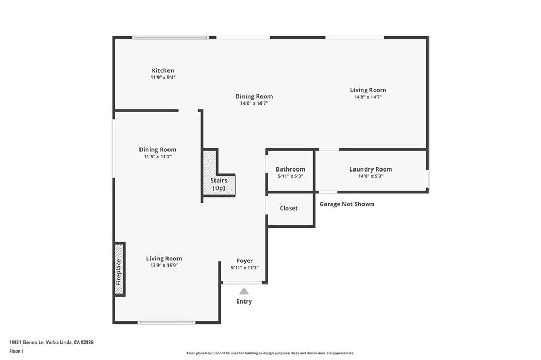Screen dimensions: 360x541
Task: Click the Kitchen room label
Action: pyautogui.click(x=163, y=71)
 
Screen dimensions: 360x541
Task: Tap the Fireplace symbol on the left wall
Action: pyautogui.click(x=119, y=269)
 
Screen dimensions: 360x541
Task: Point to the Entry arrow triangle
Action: pyautogui.click(x=244, y=291)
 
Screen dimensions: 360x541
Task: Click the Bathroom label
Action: pyautogui.click(x=290, y=169)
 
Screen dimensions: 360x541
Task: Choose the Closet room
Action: pyautogui.click(x=289, y=209)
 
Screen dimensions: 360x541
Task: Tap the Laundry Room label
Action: pyautogui.click(x=370, y=169)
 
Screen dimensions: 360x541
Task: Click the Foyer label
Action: pyautogui.click(x=245, y=261)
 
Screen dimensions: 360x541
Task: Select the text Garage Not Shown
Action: pyautogui.click(x=347, y=204)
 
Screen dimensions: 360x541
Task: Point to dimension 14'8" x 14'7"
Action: pyautogui.click(x=368, y=97)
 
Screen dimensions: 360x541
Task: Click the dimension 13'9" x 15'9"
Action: pyautogui.click(x=164, y=266)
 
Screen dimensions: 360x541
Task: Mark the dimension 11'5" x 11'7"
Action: pyautogui.click(x=157, y=157)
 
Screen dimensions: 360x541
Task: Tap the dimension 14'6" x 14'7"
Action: pyautogui.click(x=254, y=103)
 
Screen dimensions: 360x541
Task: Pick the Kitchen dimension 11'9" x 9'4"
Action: pyautogui.click(x=163, y=78)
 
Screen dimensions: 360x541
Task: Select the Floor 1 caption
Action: pyautogui.click(x=16, y=351)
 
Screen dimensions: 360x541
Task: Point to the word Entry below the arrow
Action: pyautogui.click(x=244, y=301)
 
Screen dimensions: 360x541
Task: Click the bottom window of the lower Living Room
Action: pyautogui.click(x=166, y=322)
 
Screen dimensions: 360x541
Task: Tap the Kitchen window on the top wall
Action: pyautogui.click(x=170, y=37)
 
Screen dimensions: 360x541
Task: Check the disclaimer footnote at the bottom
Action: pyautogui.click(x=270, y=353)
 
